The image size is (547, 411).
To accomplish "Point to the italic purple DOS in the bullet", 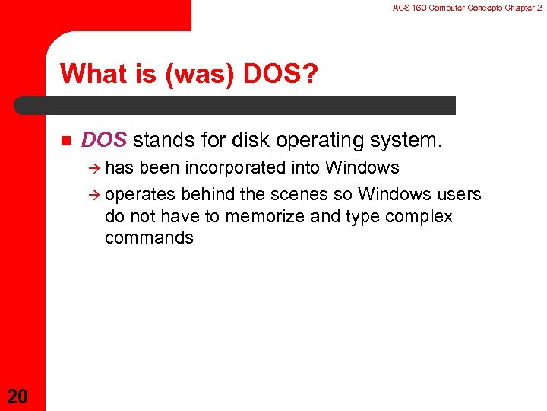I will point(104,141).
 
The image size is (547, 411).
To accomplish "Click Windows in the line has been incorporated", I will point(362,167).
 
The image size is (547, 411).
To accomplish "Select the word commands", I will point(149,237).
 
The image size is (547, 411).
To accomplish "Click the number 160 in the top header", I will point(416,7).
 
